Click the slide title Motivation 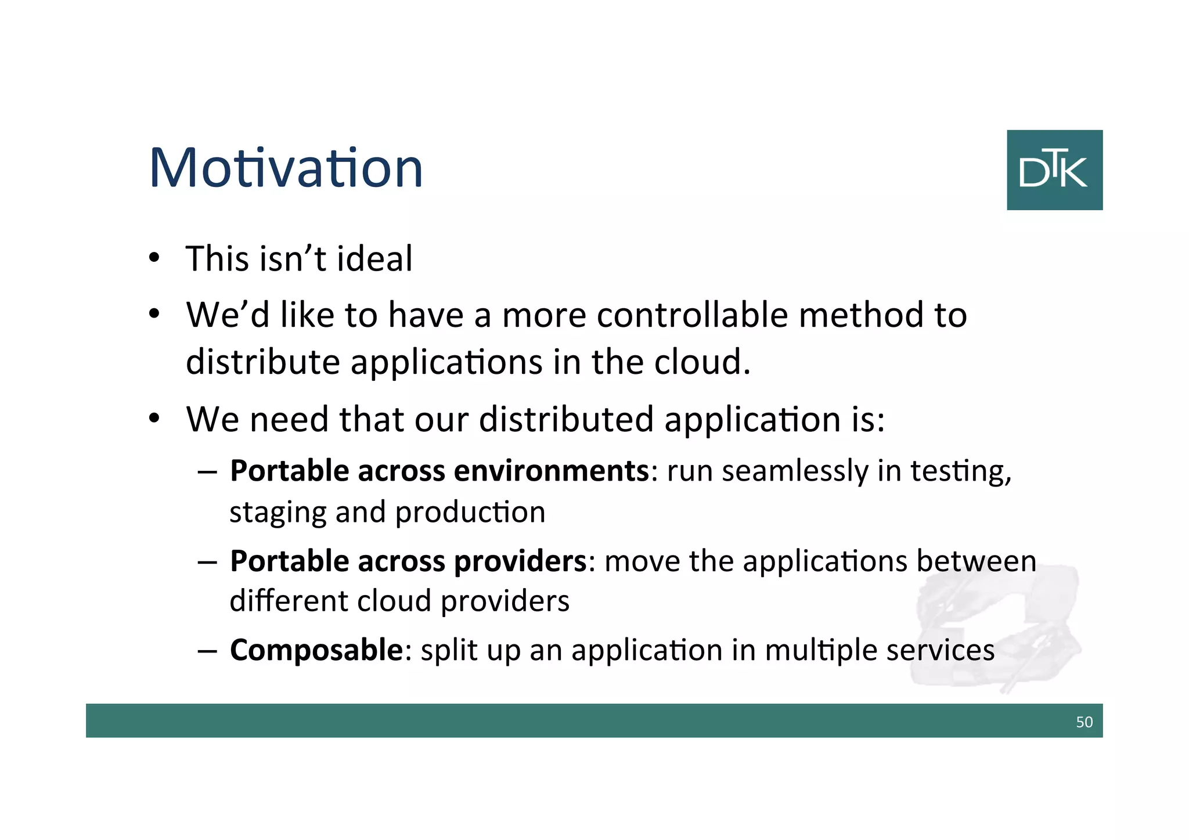pos(286,168)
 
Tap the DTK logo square pos(1054,170)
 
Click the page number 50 pos(1084,722)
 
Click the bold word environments pos(550,470)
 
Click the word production pos(470,513)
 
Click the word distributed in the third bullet pos(566,419)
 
